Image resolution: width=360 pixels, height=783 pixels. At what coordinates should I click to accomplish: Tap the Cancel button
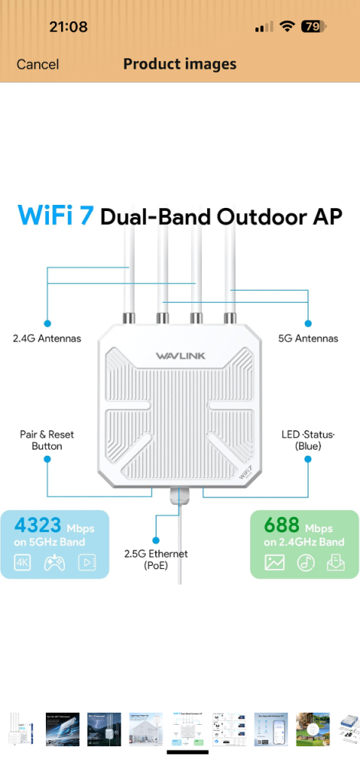pos(37,64)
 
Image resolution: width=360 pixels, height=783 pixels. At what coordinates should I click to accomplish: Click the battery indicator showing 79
pos(314,27)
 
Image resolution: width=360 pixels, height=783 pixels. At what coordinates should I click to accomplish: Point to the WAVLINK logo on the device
pos(180,356)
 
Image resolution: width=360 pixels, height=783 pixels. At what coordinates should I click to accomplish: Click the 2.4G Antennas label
pos(47,339)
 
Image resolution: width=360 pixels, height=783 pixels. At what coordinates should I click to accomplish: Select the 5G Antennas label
pos(308,339)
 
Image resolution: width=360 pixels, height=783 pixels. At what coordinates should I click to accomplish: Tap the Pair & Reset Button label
pos(47,440)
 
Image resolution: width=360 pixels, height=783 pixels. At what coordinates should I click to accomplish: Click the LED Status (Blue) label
pos(308,440)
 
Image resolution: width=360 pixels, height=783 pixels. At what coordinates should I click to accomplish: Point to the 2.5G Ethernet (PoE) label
pos(156,560)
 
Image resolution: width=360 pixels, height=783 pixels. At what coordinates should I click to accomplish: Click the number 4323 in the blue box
pos(37,525)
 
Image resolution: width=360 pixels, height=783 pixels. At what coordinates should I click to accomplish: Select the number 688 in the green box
pos(281,525)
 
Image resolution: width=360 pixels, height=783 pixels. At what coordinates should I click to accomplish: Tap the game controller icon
pos(54,563)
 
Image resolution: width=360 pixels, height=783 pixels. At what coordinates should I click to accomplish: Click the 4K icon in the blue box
pos(22,563)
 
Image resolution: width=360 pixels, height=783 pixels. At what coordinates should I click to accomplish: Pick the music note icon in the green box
pos(306,563)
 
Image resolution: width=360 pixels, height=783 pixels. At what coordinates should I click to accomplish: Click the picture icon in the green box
pos(274,563)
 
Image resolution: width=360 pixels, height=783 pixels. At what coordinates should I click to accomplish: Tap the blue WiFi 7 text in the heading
pos(56,215)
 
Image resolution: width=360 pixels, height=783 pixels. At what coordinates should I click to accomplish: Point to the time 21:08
pos(68,27)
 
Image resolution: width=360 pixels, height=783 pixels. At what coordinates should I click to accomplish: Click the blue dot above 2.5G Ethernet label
pos(156,541)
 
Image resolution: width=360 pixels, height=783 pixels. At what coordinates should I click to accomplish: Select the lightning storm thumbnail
pos(104,729)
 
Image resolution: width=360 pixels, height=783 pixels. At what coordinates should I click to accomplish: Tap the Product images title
pos(180,64)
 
